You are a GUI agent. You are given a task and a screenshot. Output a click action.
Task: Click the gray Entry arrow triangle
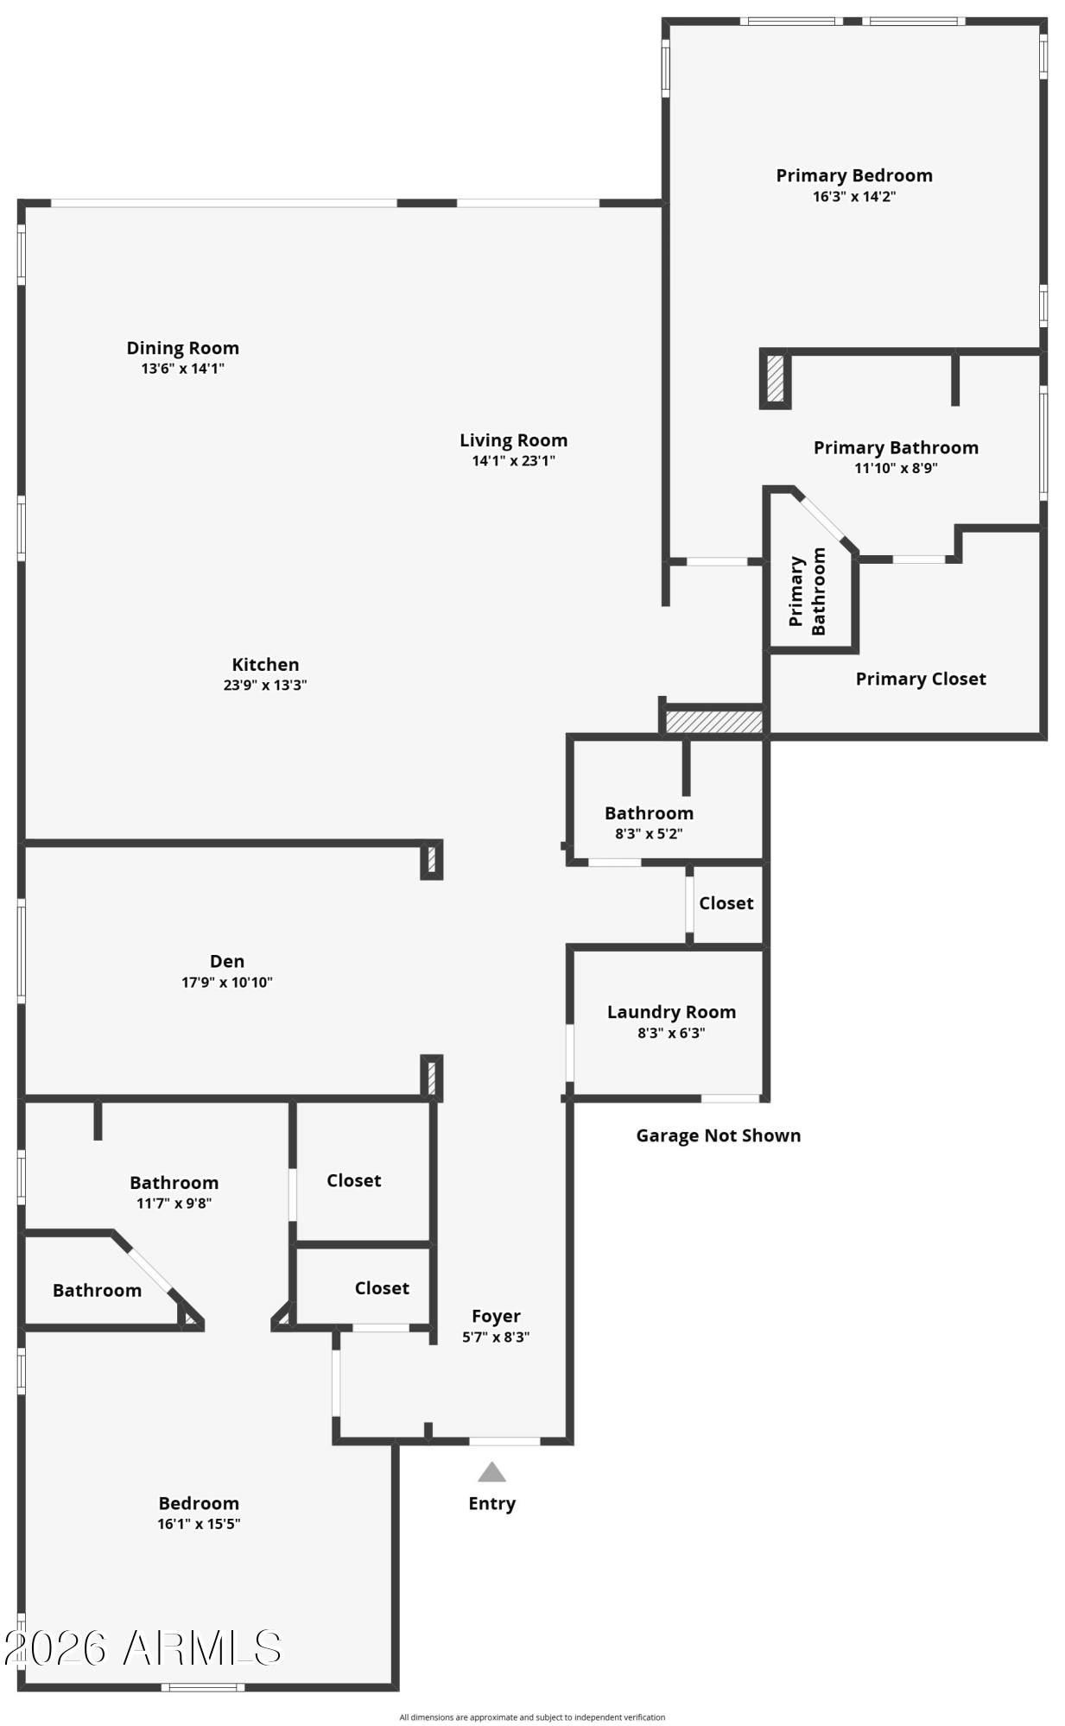pos(491,1472)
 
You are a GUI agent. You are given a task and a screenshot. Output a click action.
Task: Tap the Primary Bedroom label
pos(854,175)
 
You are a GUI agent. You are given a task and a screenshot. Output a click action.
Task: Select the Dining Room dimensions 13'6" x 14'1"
pos(183,369)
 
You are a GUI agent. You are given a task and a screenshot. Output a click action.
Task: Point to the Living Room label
pos(513,440)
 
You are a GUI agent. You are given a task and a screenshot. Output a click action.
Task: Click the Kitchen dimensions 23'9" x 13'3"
pos(265,686)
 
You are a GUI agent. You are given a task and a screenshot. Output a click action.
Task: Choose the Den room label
pos(227,961)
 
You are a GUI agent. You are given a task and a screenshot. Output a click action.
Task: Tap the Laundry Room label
pos(671,1012)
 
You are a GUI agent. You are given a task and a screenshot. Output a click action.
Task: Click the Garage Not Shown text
pos(719,1135)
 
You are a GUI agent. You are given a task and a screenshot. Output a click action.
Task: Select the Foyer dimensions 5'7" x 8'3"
pos(496,1337)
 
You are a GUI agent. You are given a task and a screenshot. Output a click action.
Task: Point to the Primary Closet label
pos(921,679)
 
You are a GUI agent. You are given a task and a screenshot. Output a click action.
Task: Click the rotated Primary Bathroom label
pos(808,591)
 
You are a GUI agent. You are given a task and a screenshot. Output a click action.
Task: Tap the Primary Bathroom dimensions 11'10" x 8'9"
pos(896,469)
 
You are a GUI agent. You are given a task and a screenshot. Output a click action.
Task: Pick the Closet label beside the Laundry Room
pos(726,903)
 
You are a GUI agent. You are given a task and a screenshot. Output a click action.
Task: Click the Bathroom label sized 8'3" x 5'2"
pos(649,813)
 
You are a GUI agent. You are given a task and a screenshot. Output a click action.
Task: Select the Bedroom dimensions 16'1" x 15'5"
pos(199,1524)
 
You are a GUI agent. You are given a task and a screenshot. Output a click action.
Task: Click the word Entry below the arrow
pos(492,1503)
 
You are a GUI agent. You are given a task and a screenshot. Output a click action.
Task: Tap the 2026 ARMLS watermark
pos(143,1648)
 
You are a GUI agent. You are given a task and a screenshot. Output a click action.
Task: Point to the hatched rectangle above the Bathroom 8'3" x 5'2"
pos(713,722)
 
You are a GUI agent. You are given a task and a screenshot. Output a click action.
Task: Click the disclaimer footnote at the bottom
pos(532,1717)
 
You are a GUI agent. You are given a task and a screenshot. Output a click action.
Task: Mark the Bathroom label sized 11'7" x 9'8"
pos(174,1183)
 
